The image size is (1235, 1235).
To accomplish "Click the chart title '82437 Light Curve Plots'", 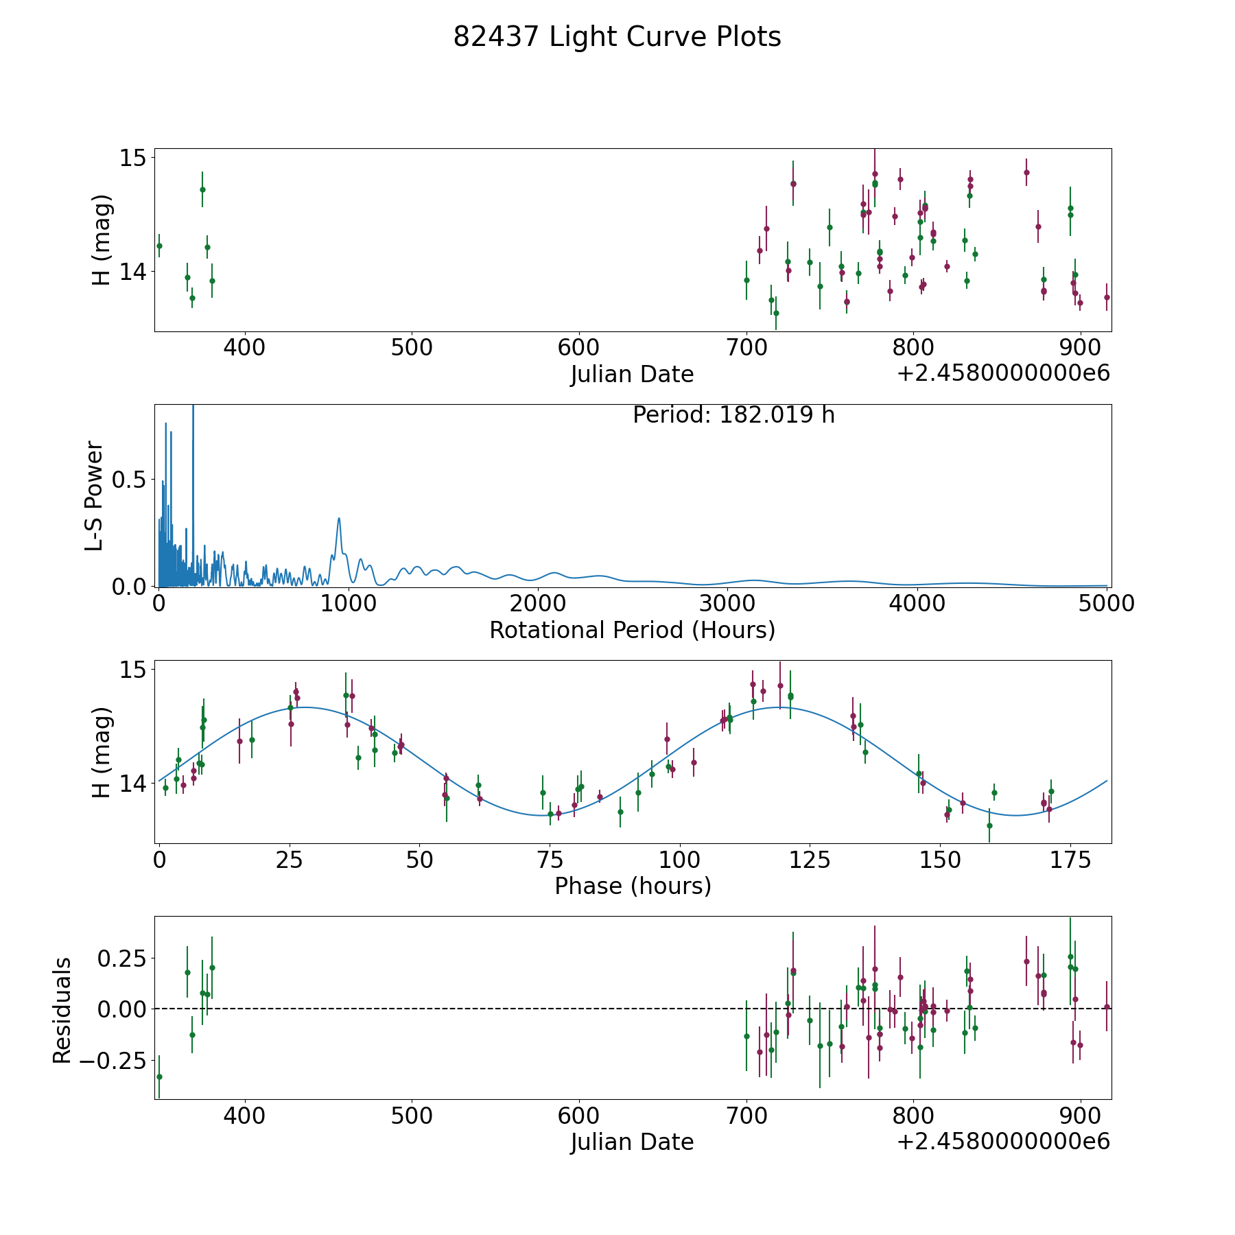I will (x=617, y=38).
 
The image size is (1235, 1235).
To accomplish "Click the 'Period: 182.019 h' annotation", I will (x=733, y=415).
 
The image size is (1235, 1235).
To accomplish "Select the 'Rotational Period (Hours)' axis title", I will (x=632, y=630).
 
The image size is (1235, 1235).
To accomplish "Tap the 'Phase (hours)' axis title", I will (x=632, y=886).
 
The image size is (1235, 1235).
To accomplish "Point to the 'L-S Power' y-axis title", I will (x=95, y=495).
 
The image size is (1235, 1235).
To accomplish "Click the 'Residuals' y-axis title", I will (x=62, y=1011).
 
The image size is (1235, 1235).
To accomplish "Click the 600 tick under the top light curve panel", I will (x=579, y=348).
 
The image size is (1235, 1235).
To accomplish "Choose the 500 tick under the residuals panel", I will (x=412, y=1116).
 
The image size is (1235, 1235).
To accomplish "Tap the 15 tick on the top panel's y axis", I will (x=133, y=158).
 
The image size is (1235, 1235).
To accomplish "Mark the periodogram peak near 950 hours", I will (x=339, y=519).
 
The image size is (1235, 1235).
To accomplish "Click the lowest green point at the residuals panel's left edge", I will (x=159, y=1077).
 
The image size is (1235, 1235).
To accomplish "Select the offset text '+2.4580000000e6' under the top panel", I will (x=1003, y=373).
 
